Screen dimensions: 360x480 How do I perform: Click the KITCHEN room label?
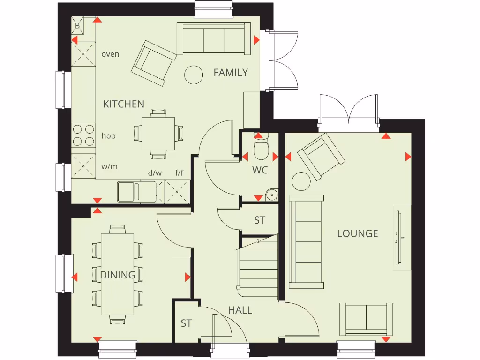click(124, 104)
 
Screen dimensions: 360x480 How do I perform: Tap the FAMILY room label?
click(231, 73)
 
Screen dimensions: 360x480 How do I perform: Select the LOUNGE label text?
click(358, 233)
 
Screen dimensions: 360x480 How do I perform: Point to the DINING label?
click(118, 275)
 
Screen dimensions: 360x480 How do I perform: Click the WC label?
click(260, 170)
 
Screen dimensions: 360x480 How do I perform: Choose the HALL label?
click(240, 310)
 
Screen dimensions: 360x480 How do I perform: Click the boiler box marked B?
click(78, 26)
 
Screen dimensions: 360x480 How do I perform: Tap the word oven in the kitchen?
click(110, 54)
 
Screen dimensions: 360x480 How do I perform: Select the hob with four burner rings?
click(83, 135)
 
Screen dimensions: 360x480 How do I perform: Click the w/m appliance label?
click(110, 166)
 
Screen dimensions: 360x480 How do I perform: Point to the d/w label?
click(155, 173)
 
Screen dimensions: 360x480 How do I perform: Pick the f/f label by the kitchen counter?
click(180, 173)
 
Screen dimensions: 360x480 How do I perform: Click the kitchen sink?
click(128, 191)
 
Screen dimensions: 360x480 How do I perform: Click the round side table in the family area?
click(193, 75)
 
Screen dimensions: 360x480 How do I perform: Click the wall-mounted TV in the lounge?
click(400, 238)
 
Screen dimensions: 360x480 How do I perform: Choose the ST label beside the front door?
click(186, 323)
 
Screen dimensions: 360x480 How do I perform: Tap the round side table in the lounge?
click(301, 181)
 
